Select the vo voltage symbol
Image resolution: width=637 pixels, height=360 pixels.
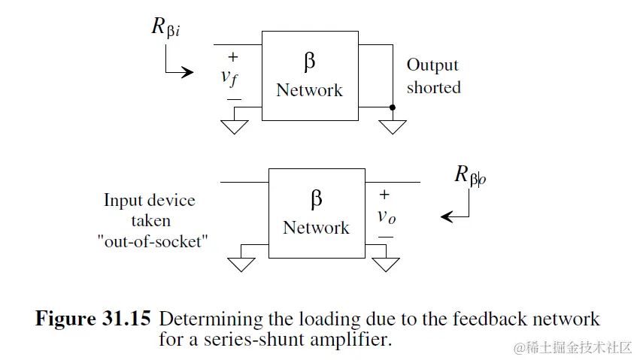click(x=386, y=216)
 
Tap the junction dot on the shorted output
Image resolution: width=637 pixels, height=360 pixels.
click(x=393, y=107)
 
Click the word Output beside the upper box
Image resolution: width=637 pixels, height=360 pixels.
click(x=432, y=65)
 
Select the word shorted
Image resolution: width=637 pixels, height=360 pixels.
click(x=433, y=87)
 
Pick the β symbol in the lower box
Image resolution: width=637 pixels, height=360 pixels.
click(x=316, y=199)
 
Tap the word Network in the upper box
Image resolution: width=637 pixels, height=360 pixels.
click(x=309, y=90)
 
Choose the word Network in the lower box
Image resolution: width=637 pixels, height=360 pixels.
click(x=316, y=227)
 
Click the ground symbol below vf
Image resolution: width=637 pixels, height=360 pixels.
click(x=235, y=125)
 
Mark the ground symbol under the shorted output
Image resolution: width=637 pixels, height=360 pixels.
click(x=393, y=126)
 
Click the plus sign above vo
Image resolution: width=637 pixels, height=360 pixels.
click(x=384, y=195)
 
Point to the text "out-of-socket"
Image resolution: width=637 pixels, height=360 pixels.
click(x=150, y=243)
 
